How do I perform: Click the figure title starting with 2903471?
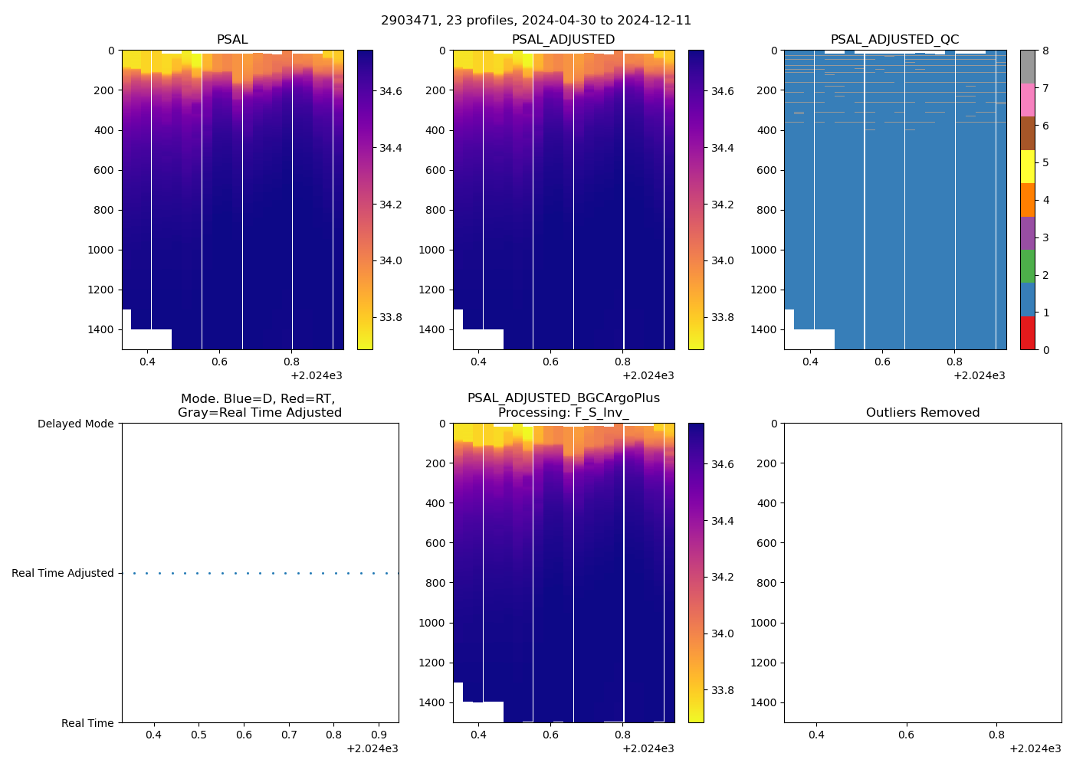click(536, 21)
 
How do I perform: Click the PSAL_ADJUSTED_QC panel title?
click(894, 40)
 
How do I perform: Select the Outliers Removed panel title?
click(922, 413)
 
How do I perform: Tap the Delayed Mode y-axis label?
click(75, 424)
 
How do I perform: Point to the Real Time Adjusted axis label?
click(62, 573)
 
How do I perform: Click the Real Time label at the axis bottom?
click(87, 723)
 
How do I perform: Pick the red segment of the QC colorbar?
click(1027, 333)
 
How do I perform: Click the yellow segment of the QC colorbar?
click(1027, 166)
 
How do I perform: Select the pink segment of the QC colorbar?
click(1027, 100)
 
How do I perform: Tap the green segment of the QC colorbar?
click(1027, 266)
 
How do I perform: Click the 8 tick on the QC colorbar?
click(1046, 51)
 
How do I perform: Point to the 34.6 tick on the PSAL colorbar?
click(391, 91)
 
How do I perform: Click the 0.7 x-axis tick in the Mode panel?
click(289, 735)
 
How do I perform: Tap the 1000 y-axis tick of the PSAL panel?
click(101, 250)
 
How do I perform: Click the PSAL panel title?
click(232, 40)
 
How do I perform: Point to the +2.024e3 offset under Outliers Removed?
click(1035, 748)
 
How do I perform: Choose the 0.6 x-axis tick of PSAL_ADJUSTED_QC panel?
click(882, 362)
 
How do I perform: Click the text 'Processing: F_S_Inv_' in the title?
click(563, 413)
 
